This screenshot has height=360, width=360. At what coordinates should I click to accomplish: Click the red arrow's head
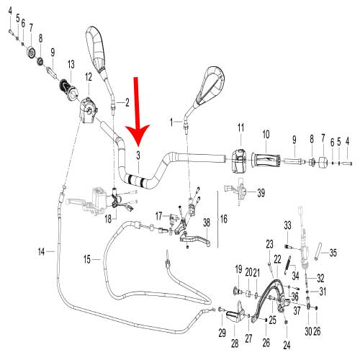(138, 135)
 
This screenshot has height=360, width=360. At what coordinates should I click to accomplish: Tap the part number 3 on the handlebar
(138, 156)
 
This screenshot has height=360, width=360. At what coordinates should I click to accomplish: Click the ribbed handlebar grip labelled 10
(266, 160)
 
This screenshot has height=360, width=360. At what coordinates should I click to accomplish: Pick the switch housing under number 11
(239, 160)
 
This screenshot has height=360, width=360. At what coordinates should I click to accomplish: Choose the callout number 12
(89, 77)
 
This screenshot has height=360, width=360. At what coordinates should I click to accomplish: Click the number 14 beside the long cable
(41, 252)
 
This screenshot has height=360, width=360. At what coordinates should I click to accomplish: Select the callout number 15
(87, 259)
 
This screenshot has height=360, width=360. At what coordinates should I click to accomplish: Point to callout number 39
(261, 193)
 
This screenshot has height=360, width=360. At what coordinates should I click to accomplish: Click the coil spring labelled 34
(288, 265)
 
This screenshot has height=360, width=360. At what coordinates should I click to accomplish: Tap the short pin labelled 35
(318, 251)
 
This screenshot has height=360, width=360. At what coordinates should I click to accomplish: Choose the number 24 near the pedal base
(287, 346)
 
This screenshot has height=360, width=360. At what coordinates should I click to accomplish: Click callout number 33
(287, 225)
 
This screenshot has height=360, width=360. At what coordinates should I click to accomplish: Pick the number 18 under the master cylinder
(108, 219)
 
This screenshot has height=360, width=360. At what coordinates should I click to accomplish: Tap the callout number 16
(224, 219)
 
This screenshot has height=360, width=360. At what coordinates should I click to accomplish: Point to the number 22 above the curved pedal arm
(277, 259)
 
